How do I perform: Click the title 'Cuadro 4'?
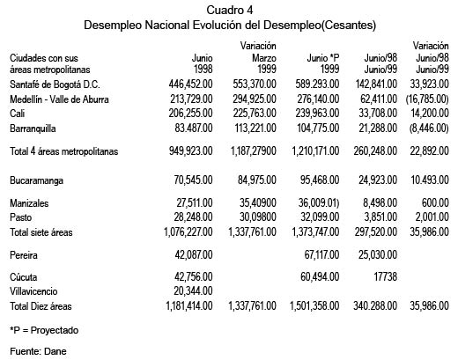coord(228,9)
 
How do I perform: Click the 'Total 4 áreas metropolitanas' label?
coord(65,151)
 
